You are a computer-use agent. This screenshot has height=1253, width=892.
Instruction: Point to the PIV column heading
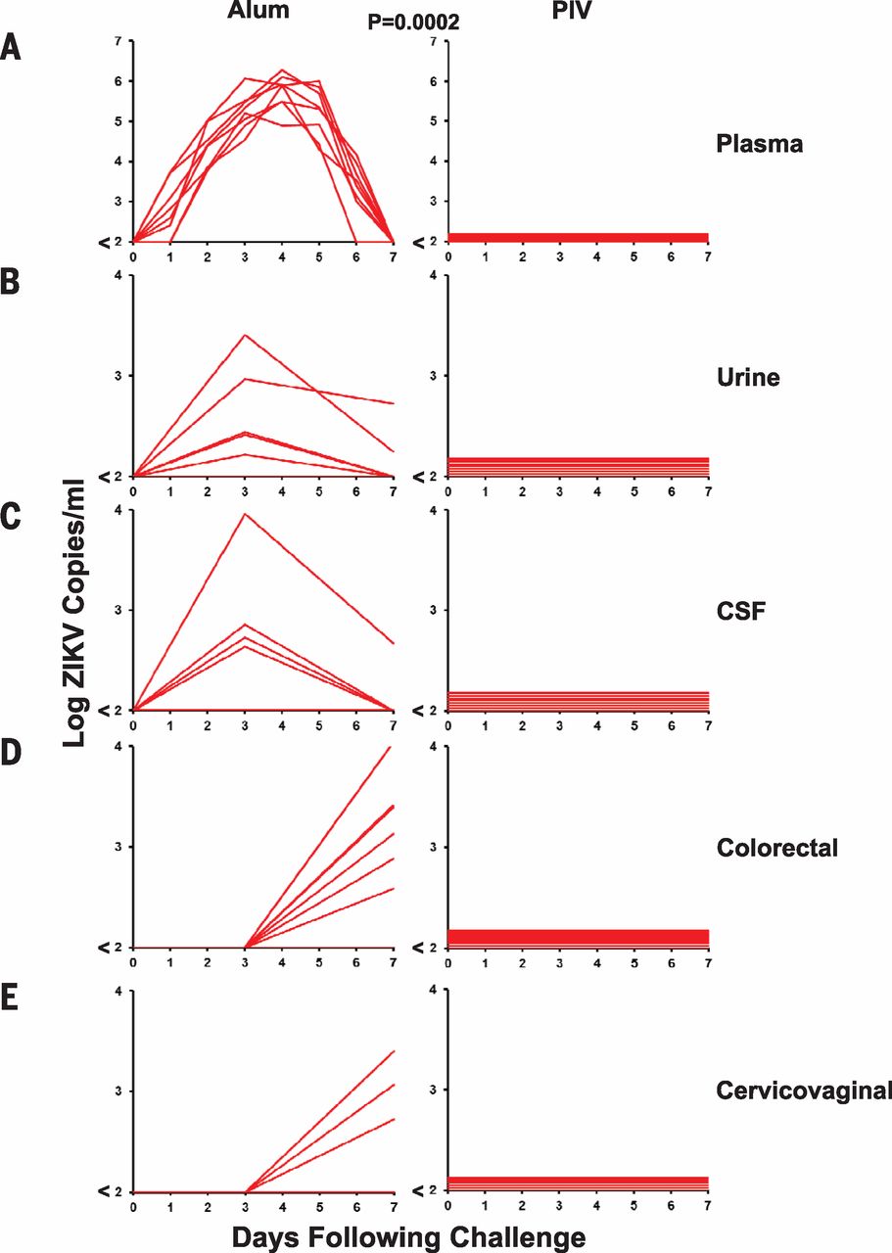click(x=571, y=11)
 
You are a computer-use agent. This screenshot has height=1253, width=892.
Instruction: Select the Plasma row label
click(x=759, y=144)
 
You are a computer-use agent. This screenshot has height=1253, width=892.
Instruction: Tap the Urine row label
click(x=748, y=378)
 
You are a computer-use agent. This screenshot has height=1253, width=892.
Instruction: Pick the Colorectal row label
click(x=778, y=848)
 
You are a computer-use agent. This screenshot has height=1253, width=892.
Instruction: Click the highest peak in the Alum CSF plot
click(x=245, y=513)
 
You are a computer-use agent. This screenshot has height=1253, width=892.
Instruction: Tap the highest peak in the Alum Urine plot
click(x=245, y=335)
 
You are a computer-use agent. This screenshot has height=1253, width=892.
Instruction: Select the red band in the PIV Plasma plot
click(x=578, y=237)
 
